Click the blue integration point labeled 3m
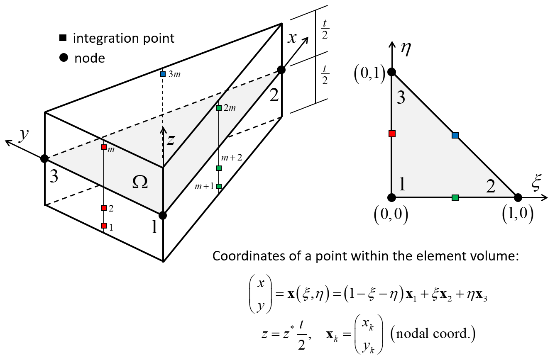click(163, 75)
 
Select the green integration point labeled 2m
click(219, 108)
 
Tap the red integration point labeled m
click(104, 147)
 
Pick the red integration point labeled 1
click(104, 226)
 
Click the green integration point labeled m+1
click(219, 186)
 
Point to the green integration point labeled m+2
click(219, 168)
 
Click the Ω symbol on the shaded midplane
click(139, 183)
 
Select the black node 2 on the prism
click(281, 70)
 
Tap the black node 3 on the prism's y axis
click(44, 158)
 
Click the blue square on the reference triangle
click(455, 135)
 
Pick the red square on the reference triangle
click(392, 134)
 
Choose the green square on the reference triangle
click(455, 198)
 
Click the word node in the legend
click(89, 58)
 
